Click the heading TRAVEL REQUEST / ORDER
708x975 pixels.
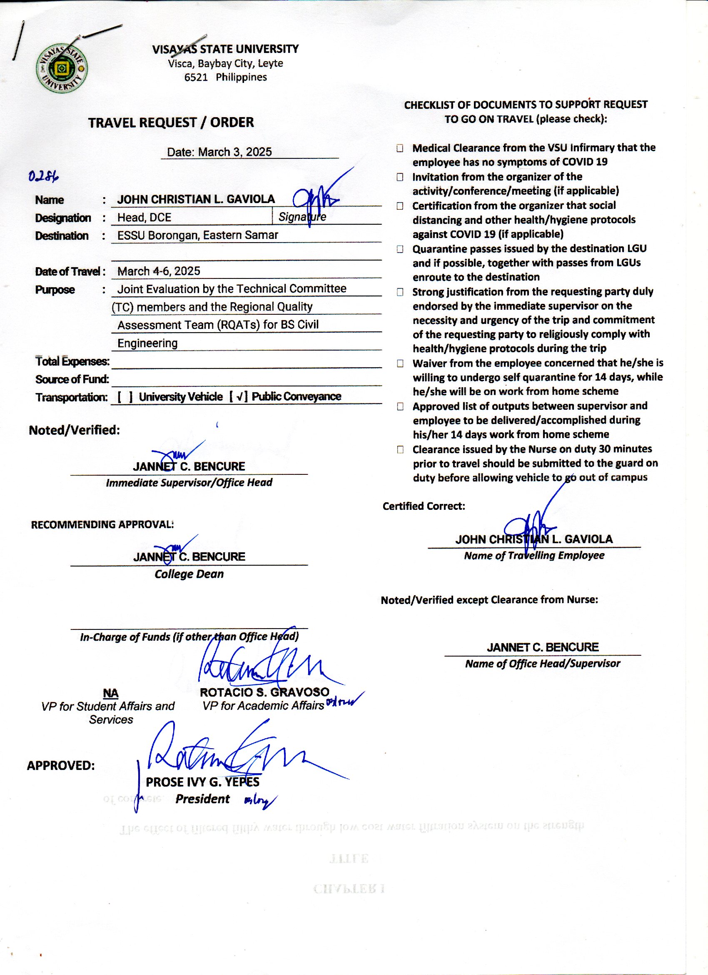[171, 123]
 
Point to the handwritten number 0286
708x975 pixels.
[43, 176]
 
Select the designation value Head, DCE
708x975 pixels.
[145, 218]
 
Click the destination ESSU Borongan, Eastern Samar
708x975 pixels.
[198, 235]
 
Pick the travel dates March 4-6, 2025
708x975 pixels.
[159, 271]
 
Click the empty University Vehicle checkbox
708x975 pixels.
[125, 397]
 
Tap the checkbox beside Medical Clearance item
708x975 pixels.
[400, 148]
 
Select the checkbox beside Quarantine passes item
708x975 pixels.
[400, 249]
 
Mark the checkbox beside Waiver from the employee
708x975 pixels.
[400, 363]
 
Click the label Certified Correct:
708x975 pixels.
[424, 506]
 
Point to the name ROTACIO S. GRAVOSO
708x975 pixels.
[264, 692]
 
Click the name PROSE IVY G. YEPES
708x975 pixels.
[202, 782]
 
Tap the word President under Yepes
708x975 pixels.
[202, 799]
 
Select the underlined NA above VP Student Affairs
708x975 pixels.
[110, 693]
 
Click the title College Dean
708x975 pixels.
[189, 574]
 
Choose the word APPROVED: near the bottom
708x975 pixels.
[60, 766]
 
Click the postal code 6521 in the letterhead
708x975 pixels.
[196, 78]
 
